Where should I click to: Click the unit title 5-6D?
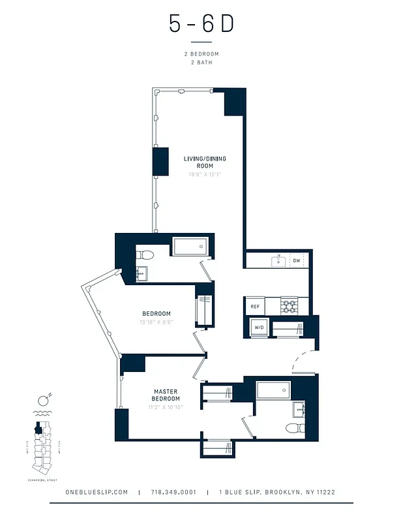(201, 23)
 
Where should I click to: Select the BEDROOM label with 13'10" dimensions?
(157, 313)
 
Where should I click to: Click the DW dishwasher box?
(296, 261)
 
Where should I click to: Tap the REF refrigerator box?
(254, 305)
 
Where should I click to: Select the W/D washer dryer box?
(259, 327)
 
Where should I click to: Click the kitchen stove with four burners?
(289, 305)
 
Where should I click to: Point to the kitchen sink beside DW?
(278, 261)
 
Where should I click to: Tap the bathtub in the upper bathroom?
(190, 246)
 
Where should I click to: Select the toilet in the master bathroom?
(295, 428)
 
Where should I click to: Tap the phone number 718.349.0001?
(173, 492)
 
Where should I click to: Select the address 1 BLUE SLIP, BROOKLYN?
(277, 492)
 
